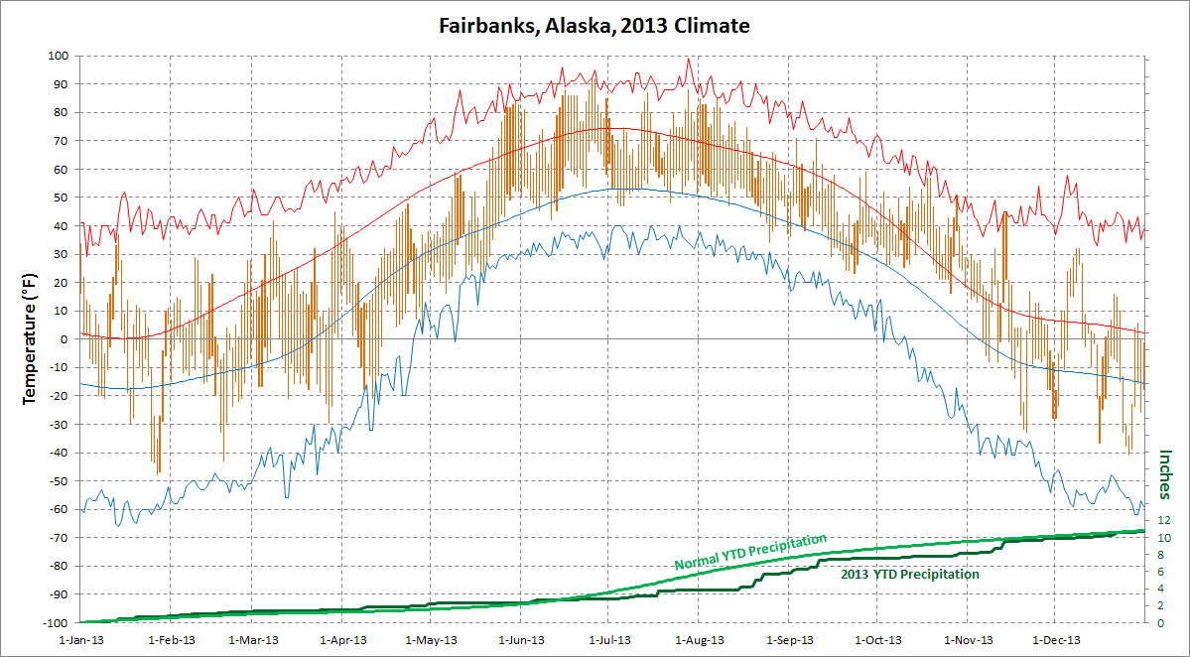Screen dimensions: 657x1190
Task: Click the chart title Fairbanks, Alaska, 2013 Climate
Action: click(595, 25)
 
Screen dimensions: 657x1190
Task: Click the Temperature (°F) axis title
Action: click(29, 339)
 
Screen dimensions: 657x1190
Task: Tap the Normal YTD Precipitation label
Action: click(750, 552)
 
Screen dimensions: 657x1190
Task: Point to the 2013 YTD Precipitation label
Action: click(909, 575)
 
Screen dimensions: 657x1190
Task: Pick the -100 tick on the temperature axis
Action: click(56, 622)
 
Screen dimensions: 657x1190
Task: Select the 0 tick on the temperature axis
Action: click(63, 339)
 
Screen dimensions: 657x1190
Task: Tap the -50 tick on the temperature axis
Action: click(58, 480)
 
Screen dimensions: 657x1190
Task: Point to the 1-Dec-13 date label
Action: click(1054, 640)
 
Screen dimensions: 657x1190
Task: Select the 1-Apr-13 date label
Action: click(343, 640)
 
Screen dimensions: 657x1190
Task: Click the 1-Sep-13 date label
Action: click(789, 640)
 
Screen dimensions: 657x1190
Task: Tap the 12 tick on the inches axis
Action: click(1166, 520)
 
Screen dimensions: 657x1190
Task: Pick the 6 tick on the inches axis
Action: click(1163, 572)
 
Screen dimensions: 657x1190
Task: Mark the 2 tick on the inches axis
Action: click(1163, 605)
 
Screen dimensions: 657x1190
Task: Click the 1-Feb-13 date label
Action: click(172, 640)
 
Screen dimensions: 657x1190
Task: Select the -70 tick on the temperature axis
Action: click(58, 537)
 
